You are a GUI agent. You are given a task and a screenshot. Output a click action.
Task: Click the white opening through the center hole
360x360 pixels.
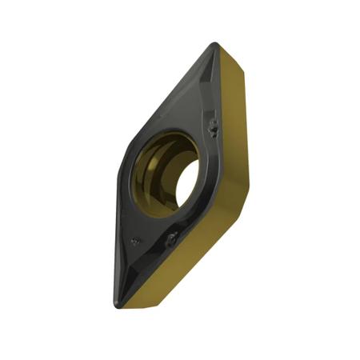[x=186, y=183]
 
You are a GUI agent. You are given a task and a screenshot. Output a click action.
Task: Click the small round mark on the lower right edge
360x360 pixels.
[x=172, y=238]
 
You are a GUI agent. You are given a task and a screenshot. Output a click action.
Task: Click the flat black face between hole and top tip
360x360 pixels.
[x=192, y=112]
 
